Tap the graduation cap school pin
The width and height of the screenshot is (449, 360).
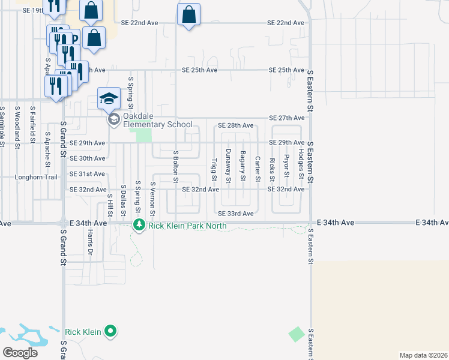coord(109,99)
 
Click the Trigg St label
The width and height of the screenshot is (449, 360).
coord(214,169)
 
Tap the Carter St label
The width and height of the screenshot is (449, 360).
coord(257,169)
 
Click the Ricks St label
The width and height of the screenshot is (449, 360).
coord(272,169)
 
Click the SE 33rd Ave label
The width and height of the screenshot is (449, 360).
coord(236,214)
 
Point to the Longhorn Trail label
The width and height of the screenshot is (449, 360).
coord(36,177)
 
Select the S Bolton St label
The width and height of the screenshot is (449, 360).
coord(176,166)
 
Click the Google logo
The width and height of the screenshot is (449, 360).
coord(20,353)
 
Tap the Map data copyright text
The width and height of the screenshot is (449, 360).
coord(415,355)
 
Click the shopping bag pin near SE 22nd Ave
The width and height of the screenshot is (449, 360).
coord(188,16)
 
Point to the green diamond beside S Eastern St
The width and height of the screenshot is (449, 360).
coord(297,334)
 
